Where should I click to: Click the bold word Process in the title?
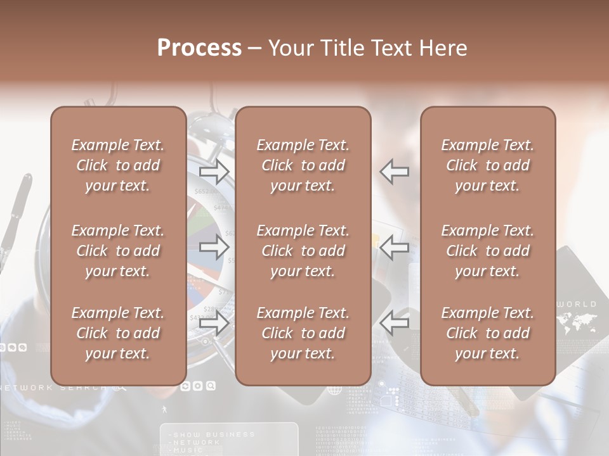click(x=199, y=48)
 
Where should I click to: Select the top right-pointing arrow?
click(x=214, y=172)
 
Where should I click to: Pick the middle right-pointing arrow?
click(x=214, y=248)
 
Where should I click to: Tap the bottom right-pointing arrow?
click(x=214, y=324)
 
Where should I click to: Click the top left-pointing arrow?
click(x=395, y=172)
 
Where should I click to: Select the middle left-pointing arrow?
click(x=395, y=248)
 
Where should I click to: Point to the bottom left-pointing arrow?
click(x=395, y=324)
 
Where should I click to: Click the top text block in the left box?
click(x=118, y=165)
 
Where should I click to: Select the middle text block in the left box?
click(x=118, y=251)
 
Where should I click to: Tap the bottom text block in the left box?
click(x=118, y=333)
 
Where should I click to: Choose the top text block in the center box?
click(x=303, y=165)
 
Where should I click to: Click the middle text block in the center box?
click(x=303, y=251)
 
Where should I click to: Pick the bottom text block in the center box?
click(x=303, y=333)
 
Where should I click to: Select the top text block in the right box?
click(x=488, y=165)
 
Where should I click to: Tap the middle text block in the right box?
click(x=488, y=251)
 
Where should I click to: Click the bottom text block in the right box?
click(x=488, y=333)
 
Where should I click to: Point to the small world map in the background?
click(x=577, y=323)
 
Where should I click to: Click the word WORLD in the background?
click(x=577, y=305)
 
